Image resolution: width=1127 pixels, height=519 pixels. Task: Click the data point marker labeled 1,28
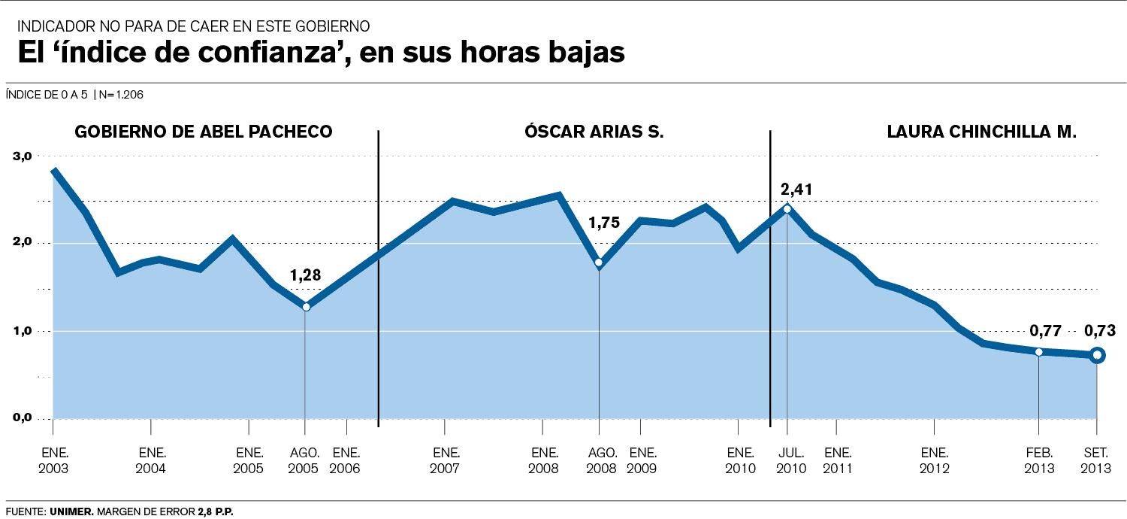pyautogui.click(x=306, y=307)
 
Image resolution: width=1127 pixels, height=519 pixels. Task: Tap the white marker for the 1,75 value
pyautogui.click(x=599, y=263)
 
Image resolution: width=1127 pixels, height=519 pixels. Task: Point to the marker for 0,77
pyautogui.click(x=1038, y=352)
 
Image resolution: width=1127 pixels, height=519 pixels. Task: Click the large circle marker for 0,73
pyautogui.click(x=1096, y=355)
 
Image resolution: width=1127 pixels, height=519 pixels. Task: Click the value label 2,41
pyautogui.click(x=796, y=189)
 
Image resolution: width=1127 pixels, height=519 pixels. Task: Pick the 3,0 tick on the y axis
pyautogui.click(x=23, y=156)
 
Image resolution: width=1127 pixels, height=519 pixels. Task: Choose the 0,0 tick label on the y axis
pyautogui.click(x=23, y=418)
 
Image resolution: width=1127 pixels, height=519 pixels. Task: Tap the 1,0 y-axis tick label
pyautogui.click(x=23, y=331)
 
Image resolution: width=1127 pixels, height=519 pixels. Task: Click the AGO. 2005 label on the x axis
pyautogui.click(x=304, y=460)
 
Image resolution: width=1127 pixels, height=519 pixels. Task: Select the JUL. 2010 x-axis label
pyautogui.click(x=791, y=460)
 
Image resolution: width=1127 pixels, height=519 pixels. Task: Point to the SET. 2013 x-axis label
pyautogui.click(x=1096, y=460)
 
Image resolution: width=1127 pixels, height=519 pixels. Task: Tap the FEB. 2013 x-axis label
pyautogui.click(x=1039, y=460)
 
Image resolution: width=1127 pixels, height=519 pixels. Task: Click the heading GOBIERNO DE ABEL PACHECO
pyautogui.click(x=203, y=132)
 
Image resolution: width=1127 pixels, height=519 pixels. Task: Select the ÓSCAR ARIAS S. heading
pyautogui.click(x=594, y=132)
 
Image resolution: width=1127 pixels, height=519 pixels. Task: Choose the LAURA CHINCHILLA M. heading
pyautogui.click(x=982, y=132)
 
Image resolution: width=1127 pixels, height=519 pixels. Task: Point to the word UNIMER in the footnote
pyautogui.click(x=71, y=511)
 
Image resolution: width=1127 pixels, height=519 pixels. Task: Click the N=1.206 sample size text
pyautogui.click(x=121, y=95)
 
